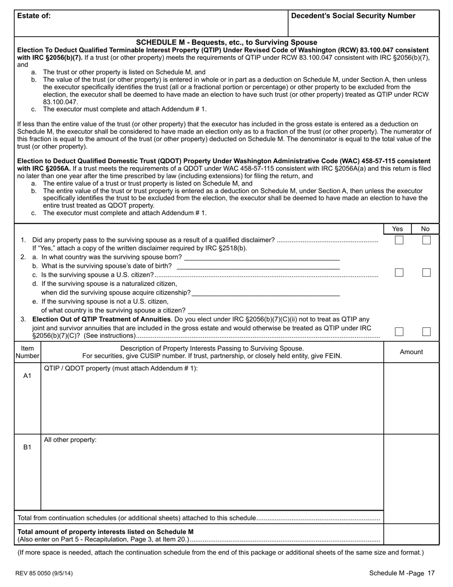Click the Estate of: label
click(34, 16)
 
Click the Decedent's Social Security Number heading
click(353, 16)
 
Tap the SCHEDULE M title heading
click(226, 42)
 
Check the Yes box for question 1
click(399, 240)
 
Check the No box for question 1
click(426, 240)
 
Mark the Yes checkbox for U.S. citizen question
click(399, 273)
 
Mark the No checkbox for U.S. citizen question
click(426, 273)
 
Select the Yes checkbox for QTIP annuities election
click(399, 332)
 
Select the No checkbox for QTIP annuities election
click(426, 332)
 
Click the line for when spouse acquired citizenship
click(265, 293)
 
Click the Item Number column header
click(28, 352)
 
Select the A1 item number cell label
click(28, 376)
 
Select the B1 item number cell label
click(28, 447)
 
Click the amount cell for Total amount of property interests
click(411, 535)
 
